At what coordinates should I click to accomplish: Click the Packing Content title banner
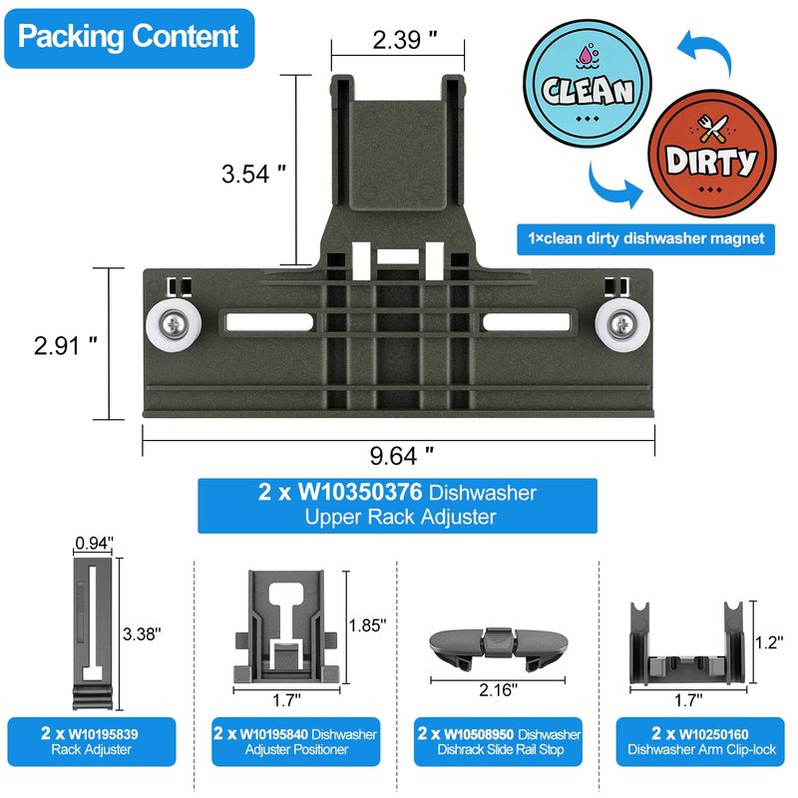coord(130,38)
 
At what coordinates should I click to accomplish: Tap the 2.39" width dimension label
coord(405,40)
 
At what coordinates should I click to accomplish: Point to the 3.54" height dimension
coord(253,173)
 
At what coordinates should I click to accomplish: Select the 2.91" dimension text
coord(65,345)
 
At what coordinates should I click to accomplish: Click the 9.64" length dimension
coord(402,455)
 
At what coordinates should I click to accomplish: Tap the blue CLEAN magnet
coord(588,84)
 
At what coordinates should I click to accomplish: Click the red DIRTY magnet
coord(712,154)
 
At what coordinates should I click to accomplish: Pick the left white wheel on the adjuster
coord(174,324)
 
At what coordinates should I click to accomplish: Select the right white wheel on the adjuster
coord(622,325)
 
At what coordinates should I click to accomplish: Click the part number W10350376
coord(360,492)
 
